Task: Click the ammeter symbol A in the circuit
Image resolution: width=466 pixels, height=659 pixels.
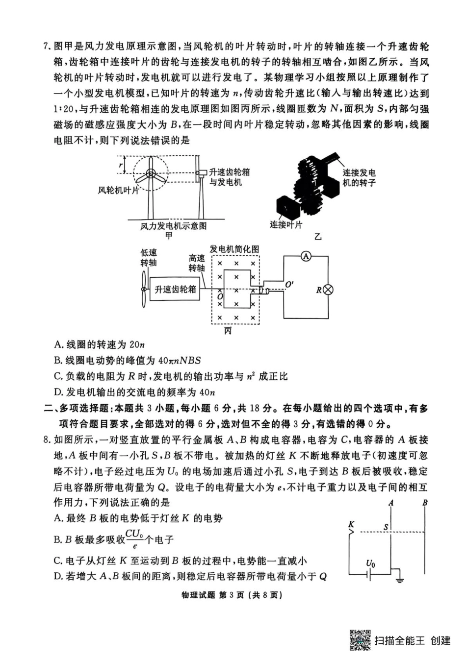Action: pyautogui.click(x=306, y=256)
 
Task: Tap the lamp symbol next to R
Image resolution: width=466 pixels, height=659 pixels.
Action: pyautogui.click(x=328, y=290)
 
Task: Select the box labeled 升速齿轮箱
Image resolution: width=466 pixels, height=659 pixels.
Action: pyautogui.click(x=175, y=290)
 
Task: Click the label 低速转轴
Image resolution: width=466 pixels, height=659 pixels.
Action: pyautogui.click(x=149, y=257)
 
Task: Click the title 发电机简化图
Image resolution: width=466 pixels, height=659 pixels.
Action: pyautogui.click(x=234, y=249)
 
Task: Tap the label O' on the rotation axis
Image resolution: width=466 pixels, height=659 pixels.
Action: pyautogui.click(x=289, y=284)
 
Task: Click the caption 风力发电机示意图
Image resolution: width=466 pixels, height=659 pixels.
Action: pyautogui.click(x=174, y=226)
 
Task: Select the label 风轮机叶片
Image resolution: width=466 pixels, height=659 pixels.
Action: pyautogui.click(x=118, y=190)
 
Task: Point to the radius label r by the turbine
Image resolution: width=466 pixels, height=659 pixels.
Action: pyautogui.click(x=120, y=165)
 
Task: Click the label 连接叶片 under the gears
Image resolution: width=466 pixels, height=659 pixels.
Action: pyautogui.click(x=286, y=225)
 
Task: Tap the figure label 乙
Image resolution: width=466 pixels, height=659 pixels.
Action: pyautogui.click(x=318, y=237)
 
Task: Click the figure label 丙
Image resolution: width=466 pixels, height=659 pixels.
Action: pyautogui.click(x=228, y=331)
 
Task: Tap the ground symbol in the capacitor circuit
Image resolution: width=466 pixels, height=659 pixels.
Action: pyautogui.click(x=400, y=580)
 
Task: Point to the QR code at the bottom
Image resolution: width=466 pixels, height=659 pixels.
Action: pyautogui.click(x=360, y=640)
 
